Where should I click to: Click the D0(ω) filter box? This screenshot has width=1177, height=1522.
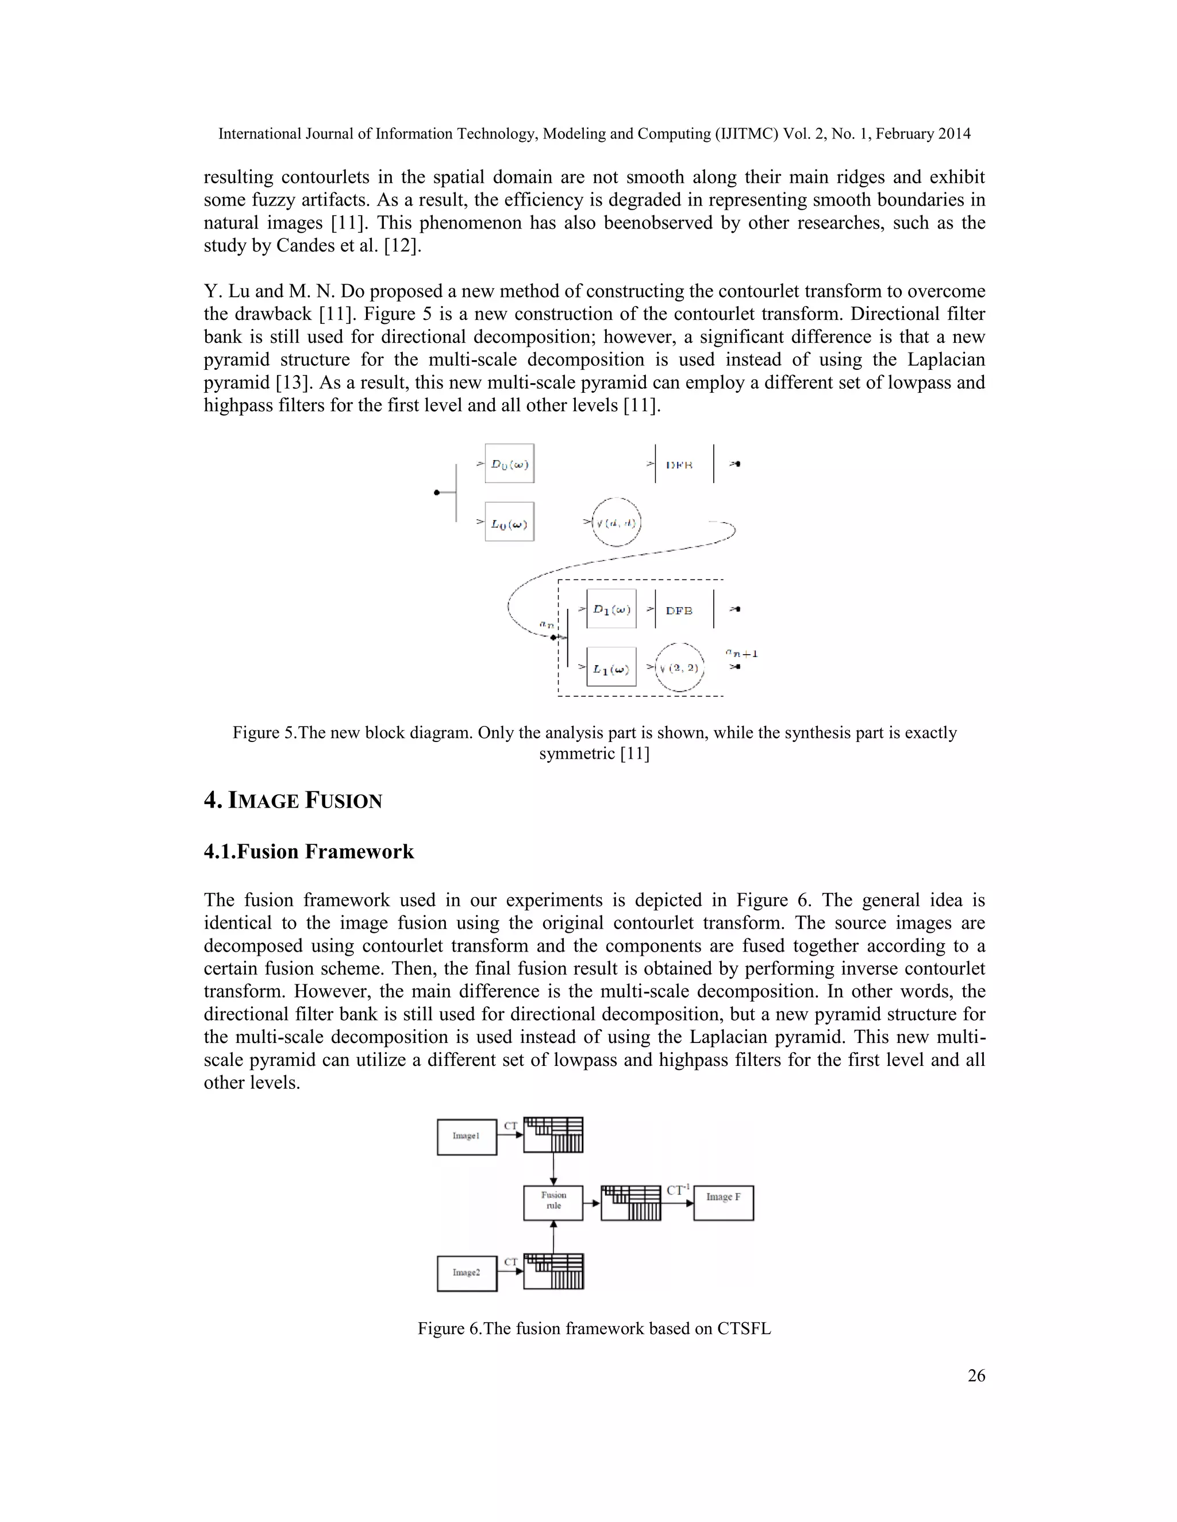pyautogui.click(x=509, y=463)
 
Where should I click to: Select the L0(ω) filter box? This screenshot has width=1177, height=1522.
pyautogui.click(x=509, y=522)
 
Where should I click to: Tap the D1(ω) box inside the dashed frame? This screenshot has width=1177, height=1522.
pyautogui.click(x=611, y=609)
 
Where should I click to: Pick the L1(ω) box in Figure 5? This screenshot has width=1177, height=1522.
pyautogui.click(x=611, y=667)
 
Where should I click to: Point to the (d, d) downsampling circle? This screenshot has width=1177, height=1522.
pyautogui.click(x=617, y=522)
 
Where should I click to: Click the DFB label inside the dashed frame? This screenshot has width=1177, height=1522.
pyautogui.click(x=679, y=611)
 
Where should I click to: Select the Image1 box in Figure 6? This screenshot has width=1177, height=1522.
pyautogui.click(x=467, y=1136)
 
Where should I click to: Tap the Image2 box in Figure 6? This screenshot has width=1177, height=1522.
pyautogui.click(x=467, y=1273)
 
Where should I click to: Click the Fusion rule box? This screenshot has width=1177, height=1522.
pyautogui.click(x=553, y=1202)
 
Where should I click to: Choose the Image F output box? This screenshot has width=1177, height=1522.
pyautogui.click(x=723, y=1202)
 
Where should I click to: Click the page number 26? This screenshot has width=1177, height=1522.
pyautogui.click(x=976, y=1389)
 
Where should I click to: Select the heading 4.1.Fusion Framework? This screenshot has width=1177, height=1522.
pyautogui.click(x=309, y=852)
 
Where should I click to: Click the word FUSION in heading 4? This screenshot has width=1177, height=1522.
pyautogui.click(x=343, y=801)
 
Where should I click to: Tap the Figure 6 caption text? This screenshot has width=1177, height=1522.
pyautogui.click(x=594, y=1328)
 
